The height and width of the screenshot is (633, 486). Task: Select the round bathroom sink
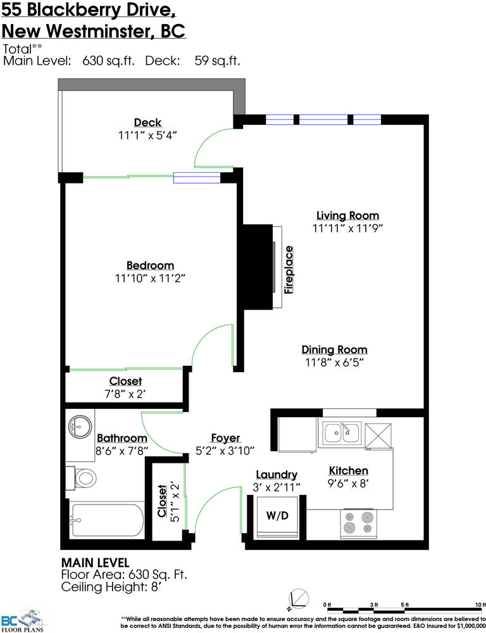click(77, 426)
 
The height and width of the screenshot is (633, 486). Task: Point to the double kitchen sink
click(342, 434)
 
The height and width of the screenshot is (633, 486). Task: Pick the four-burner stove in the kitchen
click(358, 523)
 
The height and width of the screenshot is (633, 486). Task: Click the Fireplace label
click(288, 270)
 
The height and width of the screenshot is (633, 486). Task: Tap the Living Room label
click(347, 216)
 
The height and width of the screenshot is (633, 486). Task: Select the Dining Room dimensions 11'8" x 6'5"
click(335, 363)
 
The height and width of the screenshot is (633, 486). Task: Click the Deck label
click(147, 123)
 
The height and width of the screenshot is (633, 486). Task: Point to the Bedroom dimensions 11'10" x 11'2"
click(150, 278)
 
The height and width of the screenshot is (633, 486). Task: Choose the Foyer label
click(226, 439)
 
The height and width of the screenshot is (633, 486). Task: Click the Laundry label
click(277, 475)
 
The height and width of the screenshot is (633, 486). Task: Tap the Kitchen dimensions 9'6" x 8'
click(348, 483)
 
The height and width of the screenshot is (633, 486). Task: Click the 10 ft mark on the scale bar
click(480, 605)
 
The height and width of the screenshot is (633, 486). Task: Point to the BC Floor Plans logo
click(22, 620)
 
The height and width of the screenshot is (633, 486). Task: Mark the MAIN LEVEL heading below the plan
click(96, 563)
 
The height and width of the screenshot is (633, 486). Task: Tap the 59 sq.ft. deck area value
click(217, 61)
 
